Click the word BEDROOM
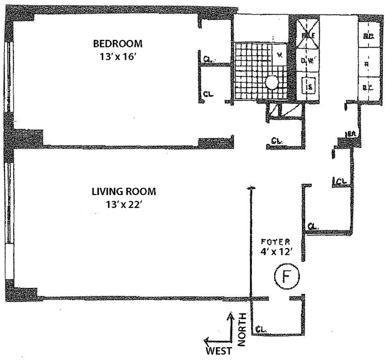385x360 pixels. (117, 44)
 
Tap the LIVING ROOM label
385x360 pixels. (124, 192)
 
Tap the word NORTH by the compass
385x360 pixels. (242, 331)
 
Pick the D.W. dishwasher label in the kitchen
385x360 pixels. (307, 61)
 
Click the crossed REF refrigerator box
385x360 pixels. (307, 35)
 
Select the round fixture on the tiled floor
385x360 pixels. (271, 83)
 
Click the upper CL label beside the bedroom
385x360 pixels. (207, 57)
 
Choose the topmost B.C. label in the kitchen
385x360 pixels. (367, 37)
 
